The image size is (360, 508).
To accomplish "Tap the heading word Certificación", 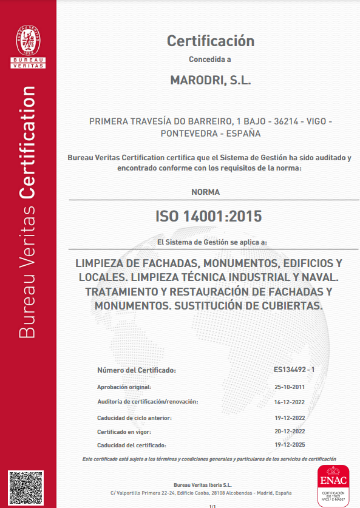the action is (x=210, y=41).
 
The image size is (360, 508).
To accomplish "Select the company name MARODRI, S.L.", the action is (x=210, y=80).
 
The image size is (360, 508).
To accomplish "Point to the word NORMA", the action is (x=206, y=192).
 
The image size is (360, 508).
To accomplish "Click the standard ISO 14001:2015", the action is (x=209, y=215).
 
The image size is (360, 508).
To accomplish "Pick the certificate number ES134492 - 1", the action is (x=294, y=369).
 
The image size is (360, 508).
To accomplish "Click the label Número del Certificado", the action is (x=137, y=370).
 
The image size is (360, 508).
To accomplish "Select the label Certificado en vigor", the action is (x=124, y=432).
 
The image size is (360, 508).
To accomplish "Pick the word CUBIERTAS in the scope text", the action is (x=292, y=306).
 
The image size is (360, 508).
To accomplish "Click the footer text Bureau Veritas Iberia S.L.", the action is (x=203, y=484).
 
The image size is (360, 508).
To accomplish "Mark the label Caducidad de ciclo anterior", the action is (x=135, y=418).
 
